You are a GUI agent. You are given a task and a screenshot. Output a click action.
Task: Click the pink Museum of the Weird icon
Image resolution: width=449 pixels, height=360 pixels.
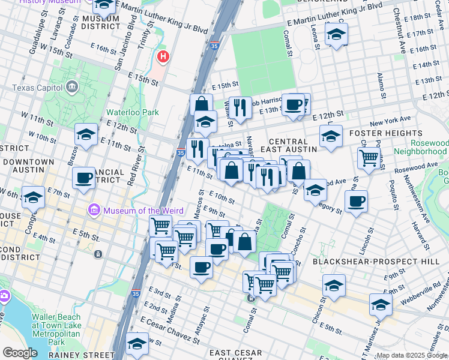click(x=94, y=210)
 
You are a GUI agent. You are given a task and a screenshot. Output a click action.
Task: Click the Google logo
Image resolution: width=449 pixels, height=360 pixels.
click(x=20, y=352)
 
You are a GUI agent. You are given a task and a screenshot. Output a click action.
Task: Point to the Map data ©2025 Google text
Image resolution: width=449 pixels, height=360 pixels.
click(x=412, y=355)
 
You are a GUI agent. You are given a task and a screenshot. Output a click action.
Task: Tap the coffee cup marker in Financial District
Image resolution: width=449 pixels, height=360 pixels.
click(x=84, y=178)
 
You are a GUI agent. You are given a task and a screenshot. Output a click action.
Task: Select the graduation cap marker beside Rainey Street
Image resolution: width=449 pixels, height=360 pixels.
click(x=137, y=343)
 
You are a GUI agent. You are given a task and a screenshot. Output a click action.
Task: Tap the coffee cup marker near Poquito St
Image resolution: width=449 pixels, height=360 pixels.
click(x=356, y=202)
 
